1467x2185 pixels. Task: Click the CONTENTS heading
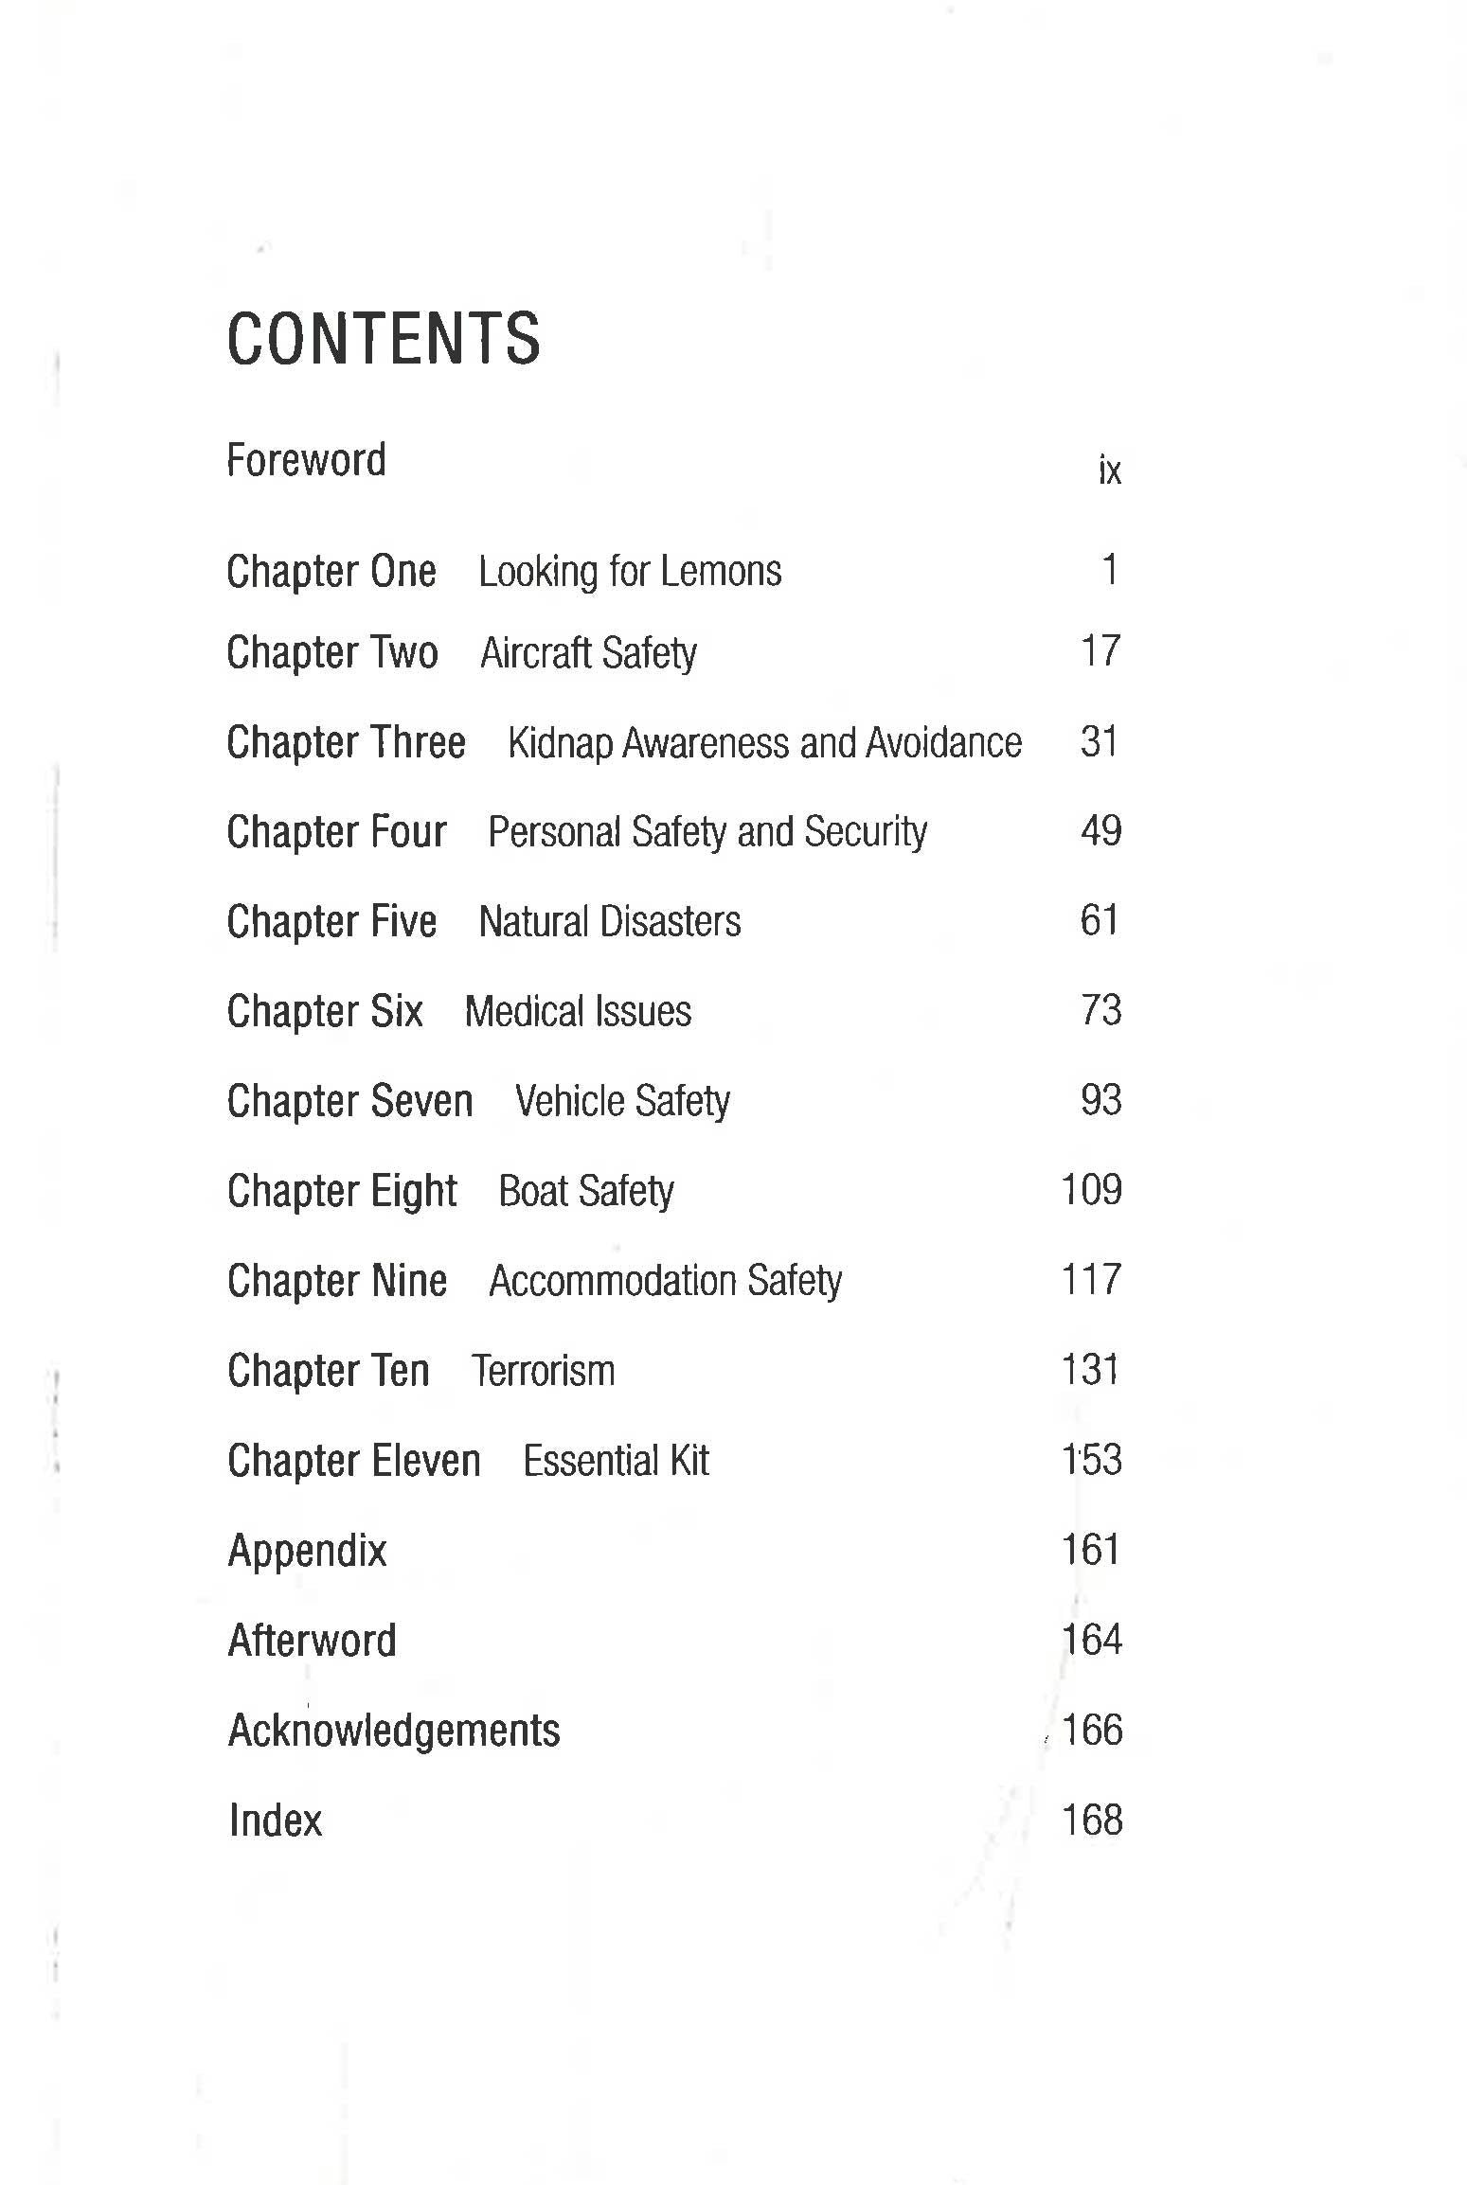click(x=384, y=339)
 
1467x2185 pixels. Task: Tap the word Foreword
click(x=306, y=461)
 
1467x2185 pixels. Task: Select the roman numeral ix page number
click(x=1109, y=470)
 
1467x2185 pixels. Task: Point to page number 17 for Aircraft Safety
click(x=1100, y=651)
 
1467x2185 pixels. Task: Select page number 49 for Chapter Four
click(x=1100, y=831)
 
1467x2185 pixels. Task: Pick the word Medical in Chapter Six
click(x=524, y=1011)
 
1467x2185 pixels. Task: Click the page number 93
click(x=1100, y=1100)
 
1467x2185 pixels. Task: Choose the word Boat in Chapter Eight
click(x=533, y=1191)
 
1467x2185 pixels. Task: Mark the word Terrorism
click(x=543, y=1371)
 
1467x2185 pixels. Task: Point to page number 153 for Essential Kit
click(x=1091, y=1460)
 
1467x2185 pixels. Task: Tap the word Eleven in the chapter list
click(x=425, y=1461)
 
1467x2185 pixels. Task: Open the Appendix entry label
click(x=307, y=1551)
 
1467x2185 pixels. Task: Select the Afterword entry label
click(x=312, y=1641)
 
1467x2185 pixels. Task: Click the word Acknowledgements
click(x=394, y=1731)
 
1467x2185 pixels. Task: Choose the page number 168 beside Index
click(x=1091, y=1820)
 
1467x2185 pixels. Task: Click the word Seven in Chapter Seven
click(x=421, y=1101)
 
